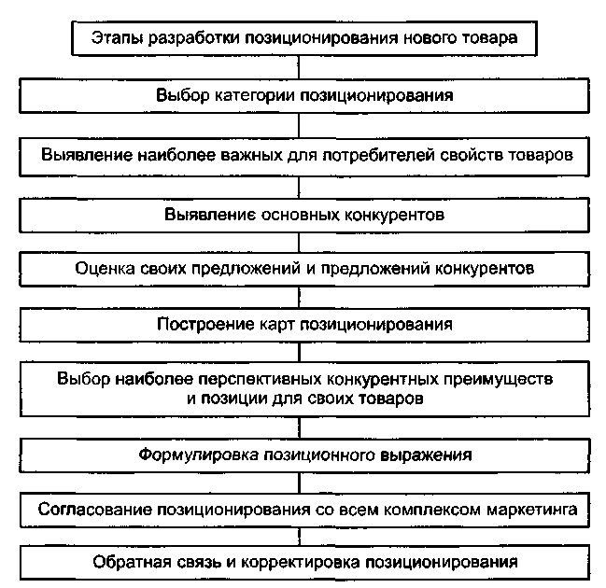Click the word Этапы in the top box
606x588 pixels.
pyautogui.click(x=115, y=38)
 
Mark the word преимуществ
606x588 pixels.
pyautogui.click(x=503, y=381)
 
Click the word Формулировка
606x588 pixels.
pyautogui.click(x=190, y=456)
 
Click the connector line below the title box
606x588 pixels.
pyautogui.click(x=300, y=66)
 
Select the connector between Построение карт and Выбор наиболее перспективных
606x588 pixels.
pyautogui.click(x=300, y=353)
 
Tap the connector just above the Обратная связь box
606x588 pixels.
pyautogui.click(x=300, y=538)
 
